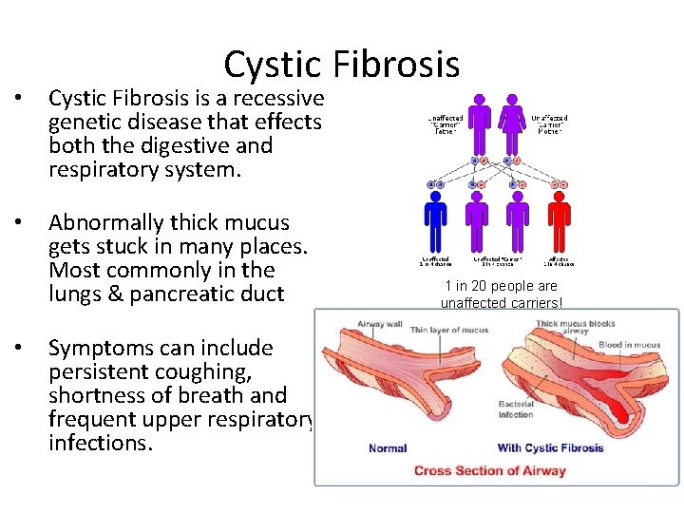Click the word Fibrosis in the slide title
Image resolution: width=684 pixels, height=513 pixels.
pos(396,65)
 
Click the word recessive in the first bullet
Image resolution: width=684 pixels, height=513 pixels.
pos(277,99)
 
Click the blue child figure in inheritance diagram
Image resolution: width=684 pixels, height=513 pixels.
pos(435,221)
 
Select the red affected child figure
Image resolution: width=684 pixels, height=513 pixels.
pos(560,221)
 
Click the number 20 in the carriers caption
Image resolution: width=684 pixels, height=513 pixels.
pos(478,286)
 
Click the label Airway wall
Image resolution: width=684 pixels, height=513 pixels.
pos(381,325)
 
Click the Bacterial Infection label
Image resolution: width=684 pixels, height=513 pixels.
pos(516,409)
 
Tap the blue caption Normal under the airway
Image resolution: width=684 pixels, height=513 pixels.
pos(388,448)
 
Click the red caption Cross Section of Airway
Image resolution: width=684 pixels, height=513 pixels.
pos(489,470)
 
